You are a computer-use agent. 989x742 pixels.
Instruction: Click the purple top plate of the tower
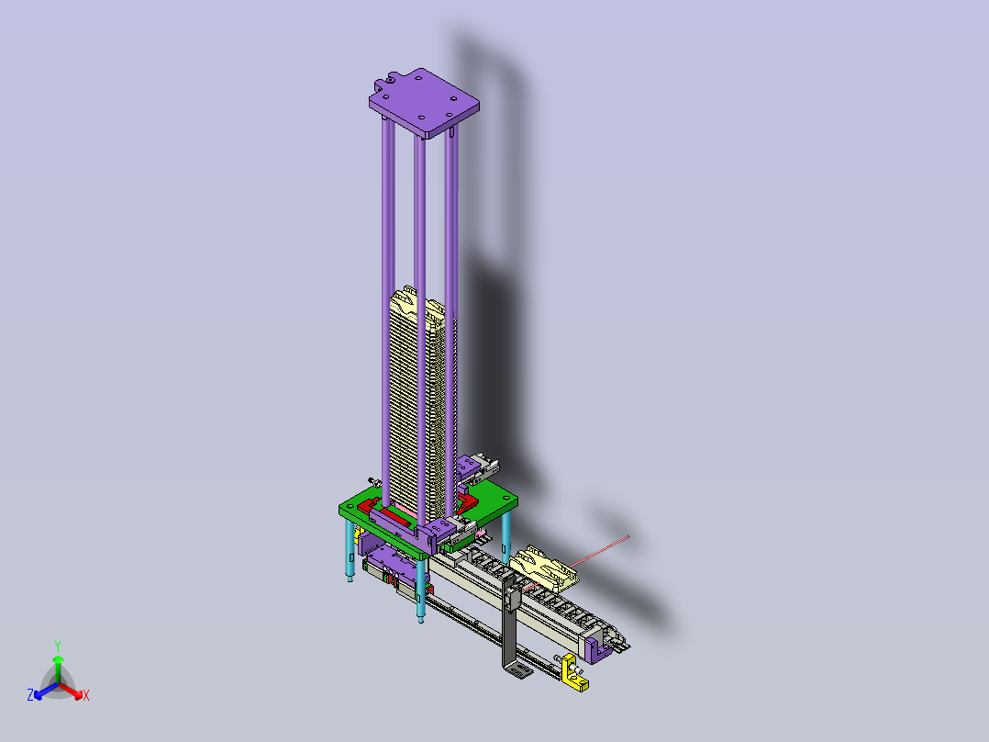424,103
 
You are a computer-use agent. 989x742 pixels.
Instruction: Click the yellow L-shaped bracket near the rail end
574,673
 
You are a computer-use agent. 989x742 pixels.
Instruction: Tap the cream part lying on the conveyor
544,568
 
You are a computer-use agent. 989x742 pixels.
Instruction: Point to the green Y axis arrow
58,667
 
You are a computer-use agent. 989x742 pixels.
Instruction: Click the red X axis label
86,695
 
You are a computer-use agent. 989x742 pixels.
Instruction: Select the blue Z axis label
29,694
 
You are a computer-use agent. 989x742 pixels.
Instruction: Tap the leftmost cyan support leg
350,549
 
